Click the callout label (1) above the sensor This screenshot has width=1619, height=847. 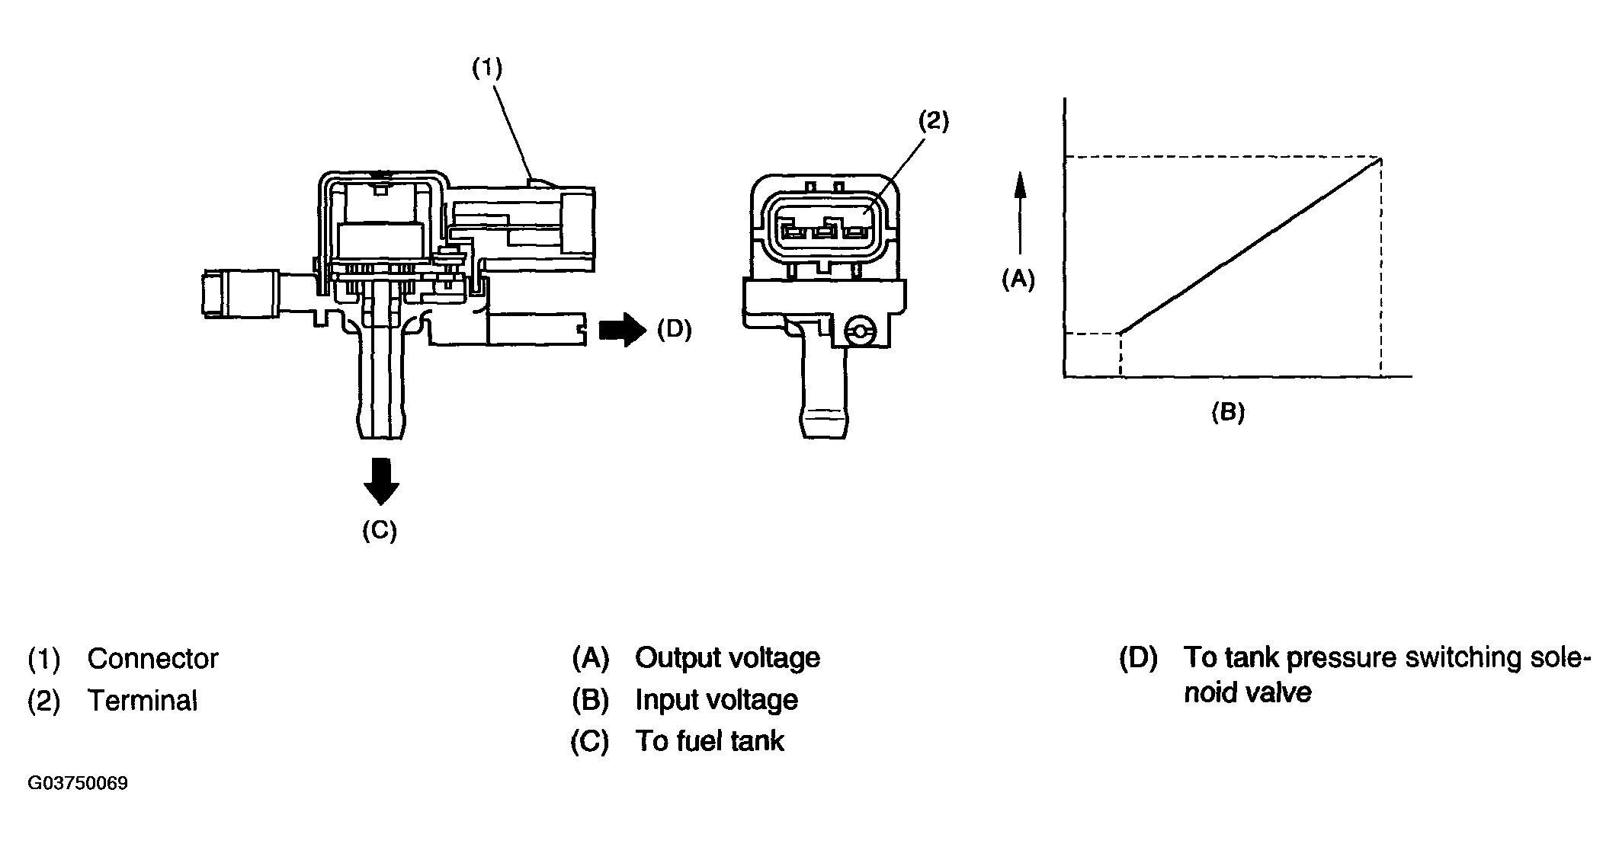point(487,69)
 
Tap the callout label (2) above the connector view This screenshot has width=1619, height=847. point(933,120)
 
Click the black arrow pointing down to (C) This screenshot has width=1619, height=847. point(381,481)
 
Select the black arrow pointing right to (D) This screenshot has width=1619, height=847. point(623,330)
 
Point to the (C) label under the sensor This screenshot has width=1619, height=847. point(380,531)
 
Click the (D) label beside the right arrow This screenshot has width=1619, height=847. point(674,330)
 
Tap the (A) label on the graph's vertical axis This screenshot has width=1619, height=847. point(1018,280)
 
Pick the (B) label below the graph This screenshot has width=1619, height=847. point(1228,412)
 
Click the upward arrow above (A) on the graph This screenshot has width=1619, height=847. point(1020,213)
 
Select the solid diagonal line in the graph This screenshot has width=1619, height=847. point(1251,245)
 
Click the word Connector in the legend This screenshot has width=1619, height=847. point(152,659)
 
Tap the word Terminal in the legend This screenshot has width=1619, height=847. point(143,701)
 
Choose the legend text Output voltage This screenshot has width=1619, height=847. point(727,658)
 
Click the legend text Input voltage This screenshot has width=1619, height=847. point(717,700)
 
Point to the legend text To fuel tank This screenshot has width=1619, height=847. point(710,741)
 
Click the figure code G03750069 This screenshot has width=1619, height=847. point(78,784)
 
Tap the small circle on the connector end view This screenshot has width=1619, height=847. point(861,331)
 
